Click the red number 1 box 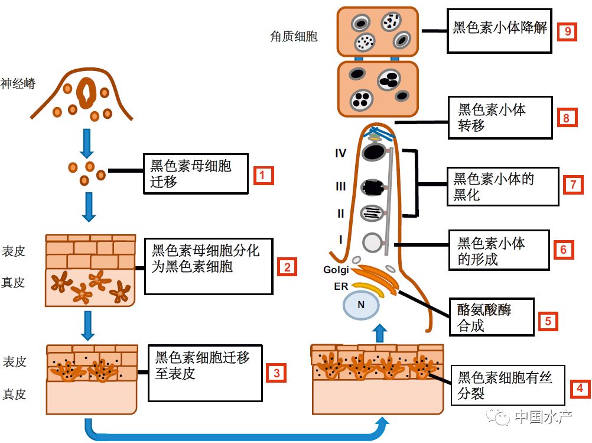pyautogui.click(x=263, y=176)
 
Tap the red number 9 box pyautogui.click(x=567, y=31)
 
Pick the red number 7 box pyautogui.click(x=573, y=185)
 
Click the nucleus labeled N pyautogui.click(x=360, y=305)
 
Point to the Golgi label pyautogui.click(x=336, y=270)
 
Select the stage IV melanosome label pyautogui.click(x=340, y=153)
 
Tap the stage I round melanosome pyautogui.click(x=372, y=242)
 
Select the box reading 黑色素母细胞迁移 pyautogui.click(x=194, y=174)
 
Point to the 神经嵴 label pyautogui.click(x=18, y=83)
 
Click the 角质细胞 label pyautogui.click(x=294, y=37)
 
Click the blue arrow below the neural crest pyautogui.click(x=89, y=140)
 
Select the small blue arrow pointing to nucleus pyautogui.click(x=380, y=332)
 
